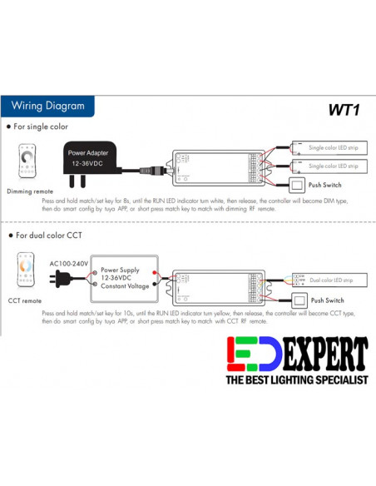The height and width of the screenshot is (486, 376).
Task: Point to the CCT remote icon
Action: click(27, 269)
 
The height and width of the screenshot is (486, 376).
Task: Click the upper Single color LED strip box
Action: click(332, 147)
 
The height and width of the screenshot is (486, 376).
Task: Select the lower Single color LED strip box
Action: click(332, 166)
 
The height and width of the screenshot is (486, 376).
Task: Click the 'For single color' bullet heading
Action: click(41, 127)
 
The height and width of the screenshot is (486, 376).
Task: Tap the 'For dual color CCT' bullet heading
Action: click(46, 236)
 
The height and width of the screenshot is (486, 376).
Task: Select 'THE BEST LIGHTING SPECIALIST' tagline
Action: click(296, 380)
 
